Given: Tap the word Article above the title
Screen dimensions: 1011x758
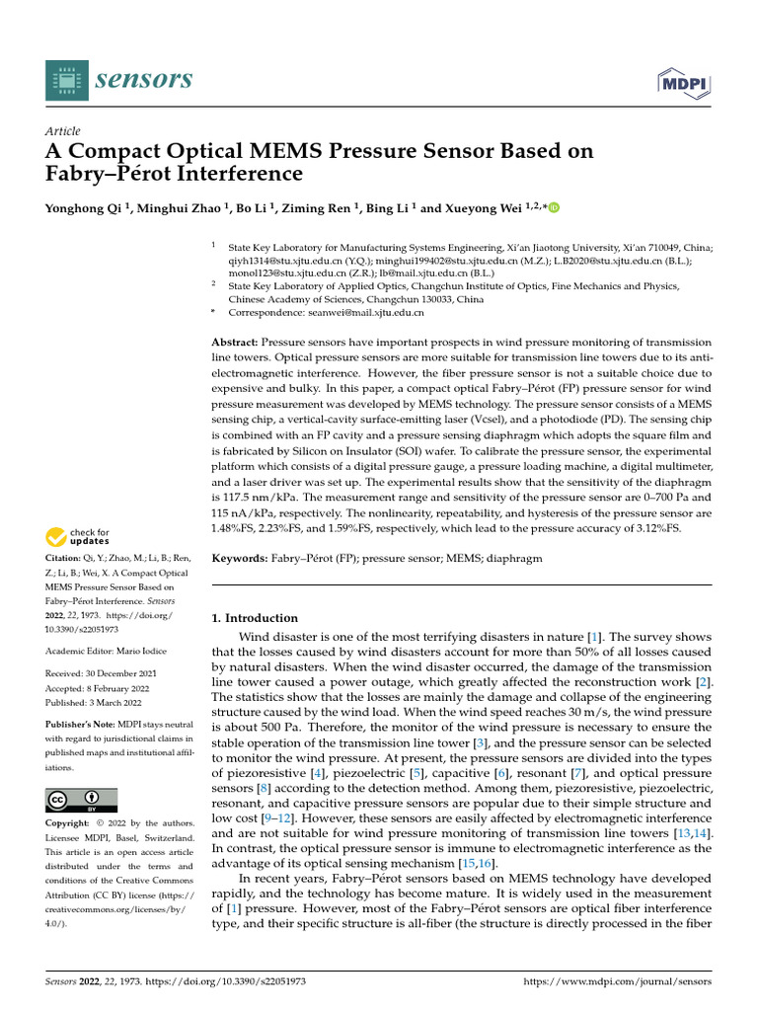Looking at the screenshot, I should pyautogui.click(x=62, y=131).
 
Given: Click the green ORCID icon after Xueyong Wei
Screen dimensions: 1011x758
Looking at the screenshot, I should pyautogui.click(x=554, y=207).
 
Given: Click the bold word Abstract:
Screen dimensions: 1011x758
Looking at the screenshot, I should pyautogui.click(x=237, y=341).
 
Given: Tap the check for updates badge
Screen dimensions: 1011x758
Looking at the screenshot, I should pyautogui.click(x=76, y=539).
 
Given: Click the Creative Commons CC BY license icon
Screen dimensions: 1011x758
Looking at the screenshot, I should pyautogui.click(x=81, y=800).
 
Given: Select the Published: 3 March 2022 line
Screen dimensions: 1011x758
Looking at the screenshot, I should pyautogui.click(x=93, y=703).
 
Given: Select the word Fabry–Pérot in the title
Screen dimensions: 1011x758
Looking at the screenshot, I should pyautogui.click(x=104, y=175).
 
